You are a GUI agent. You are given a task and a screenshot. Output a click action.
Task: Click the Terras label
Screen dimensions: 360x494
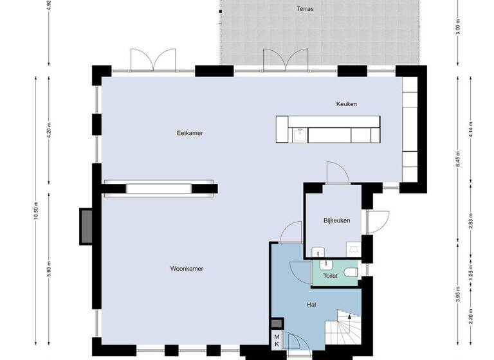click(x=305, y=9)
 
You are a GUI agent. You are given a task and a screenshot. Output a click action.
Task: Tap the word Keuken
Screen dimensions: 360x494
click(x=346, y=104)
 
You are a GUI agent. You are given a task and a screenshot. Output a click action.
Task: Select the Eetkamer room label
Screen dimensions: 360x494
click(x=190, y=133)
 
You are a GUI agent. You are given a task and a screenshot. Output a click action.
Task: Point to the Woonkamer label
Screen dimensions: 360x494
click(x=187, y=269)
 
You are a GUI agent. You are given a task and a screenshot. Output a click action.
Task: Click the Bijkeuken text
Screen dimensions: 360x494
click(x=336, y=221)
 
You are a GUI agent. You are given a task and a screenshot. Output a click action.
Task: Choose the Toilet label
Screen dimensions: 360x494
click(x=330, y=275)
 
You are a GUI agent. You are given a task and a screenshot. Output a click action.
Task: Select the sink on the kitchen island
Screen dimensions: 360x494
click(x=298, y=134)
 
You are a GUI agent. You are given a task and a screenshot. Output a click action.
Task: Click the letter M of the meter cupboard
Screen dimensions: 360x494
click(x=277, y=336)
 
